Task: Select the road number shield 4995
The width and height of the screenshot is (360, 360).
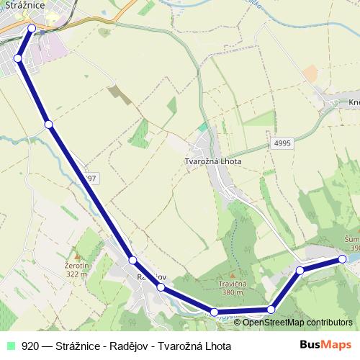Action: point(282,144)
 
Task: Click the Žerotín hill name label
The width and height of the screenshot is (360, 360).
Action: point(76,266)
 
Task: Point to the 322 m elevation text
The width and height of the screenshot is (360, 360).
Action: point(76,274)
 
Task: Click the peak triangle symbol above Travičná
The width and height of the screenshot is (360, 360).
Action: point(232,275)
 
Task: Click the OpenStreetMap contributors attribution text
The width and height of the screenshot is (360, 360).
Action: point(297,323)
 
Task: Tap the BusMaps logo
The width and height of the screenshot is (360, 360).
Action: point(325,345)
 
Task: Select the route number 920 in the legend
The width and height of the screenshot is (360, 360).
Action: point(30,346)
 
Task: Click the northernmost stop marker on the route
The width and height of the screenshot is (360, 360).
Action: point(31,28)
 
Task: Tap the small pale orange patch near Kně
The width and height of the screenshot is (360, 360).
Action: point(310,73)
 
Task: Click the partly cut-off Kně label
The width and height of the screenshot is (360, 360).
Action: point(354,103)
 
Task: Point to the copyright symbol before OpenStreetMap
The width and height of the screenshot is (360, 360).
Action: point(238,323)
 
